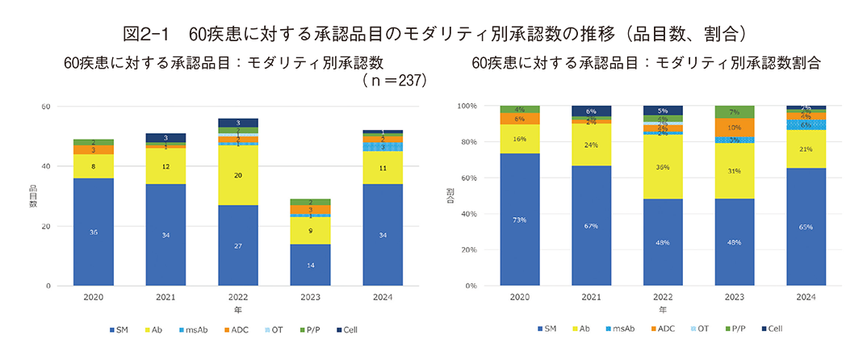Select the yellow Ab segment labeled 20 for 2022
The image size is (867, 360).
coord(237,174)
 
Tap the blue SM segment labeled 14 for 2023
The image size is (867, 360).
coord(310,265)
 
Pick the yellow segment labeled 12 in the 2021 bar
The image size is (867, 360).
coord(165,165)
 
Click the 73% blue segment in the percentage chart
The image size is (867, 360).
coord(520,220)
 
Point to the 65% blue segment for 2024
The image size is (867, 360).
coord(806,227)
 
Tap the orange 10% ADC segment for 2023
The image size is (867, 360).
coord(735,128)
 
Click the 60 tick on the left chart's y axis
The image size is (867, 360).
coord(46,107)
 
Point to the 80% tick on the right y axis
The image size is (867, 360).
coord(468,142)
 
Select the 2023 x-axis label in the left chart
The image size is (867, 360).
coord(310,297)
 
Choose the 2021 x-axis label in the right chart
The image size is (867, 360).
coord(592,297)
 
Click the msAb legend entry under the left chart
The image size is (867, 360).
coord(195,329)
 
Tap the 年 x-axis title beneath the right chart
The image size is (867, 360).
coord(662,309)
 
